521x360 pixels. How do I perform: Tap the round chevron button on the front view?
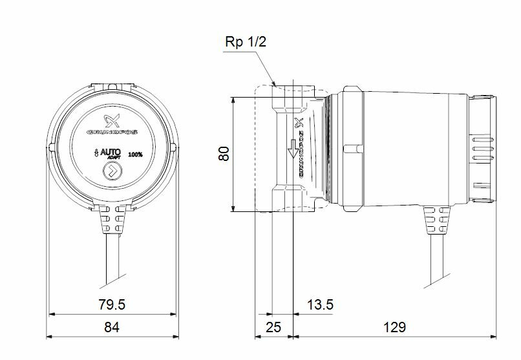point(112,173)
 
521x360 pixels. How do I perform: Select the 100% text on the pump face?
point(136,154)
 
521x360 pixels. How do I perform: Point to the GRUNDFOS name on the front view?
point(112,134)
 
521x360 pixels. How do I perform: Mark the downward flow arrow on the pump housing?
point(292,149)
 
